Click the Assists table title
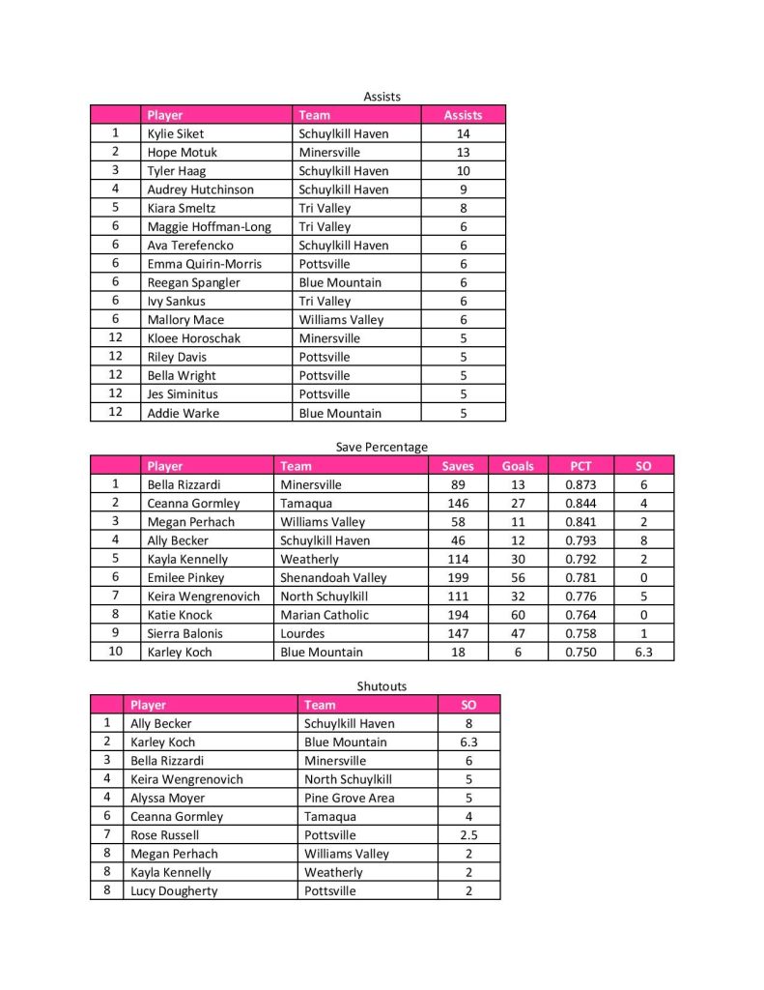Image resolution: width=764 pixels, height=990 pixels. coord(382,96)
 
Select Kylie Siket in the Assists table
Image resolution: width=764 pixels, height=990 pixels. coord(175,133)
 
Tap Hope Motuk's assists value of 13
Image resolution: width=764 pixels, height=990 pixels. coord(463,152)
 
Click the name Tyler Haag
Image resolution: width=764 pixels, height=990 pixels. coord(173,170)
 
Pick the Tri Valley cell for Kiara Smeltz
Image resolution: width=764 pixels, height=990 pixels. coord(325,208)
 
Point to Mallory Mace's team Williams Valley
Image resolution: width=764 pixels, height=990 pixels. coord(341,319)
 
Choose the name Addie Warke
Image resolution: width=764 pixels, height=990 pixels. coord(183,413)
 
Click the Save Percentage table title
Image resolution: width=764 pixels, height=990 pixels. coord(382,447)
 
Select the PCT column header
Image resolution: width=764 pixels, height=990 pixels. coord(580,466)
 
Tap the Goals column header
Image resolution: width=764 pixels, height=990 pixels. coord(518,466)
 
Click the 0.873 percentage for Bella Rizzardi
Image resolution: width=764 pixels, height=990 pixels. coord(580,484)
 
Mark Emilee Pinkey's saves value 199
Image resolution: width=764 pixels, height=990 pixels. coord(458,577)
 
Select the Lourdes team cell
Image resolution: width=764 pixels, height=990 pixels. coord(302,633)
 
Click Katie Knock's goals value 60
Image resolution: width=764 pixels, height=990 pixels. coord(518,615)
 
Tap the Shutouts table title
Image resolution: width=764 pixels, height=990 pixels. coord(382,686)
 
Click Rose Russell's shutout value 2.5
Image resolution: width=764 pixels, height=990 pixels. coord(468,834)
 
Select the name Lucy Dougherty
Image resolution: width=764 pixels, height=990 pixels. coord(174,890)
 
